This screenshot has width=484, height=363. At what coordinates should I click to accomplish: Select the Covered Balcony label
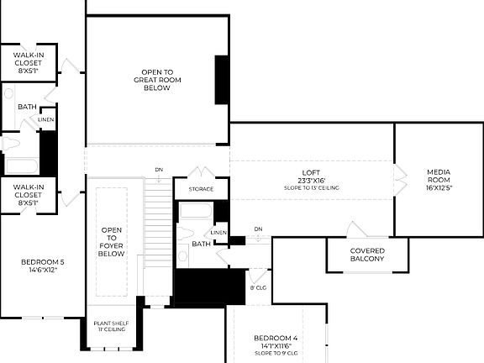click(368, 255)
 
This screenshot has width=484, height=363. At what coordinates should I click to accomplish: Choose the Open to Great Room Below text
click(151, 80)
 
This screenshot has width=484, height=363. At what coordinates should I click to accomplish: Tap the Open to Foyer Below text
click(112, 241)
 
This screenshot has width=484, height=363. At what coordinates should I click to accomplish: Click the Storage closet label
click(201, 189)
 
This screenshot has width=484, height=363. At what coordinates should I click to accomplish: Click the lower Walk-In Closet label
click(29, 193)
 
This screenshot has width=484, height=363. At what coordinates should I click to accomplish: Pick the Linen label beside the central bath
click(218, 232)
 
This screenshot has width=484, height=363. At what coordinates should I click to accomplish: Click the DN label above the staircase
click(159, 170)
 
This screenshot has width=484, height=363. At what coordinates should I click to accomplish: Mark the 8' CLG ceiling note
click(258, 287)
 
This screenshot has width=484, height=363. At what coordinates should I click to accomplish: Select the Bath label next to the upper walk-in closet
click(28, 107)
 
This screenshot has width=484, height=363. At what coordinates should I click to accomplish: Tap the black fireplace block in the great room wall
click(222, 81)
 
